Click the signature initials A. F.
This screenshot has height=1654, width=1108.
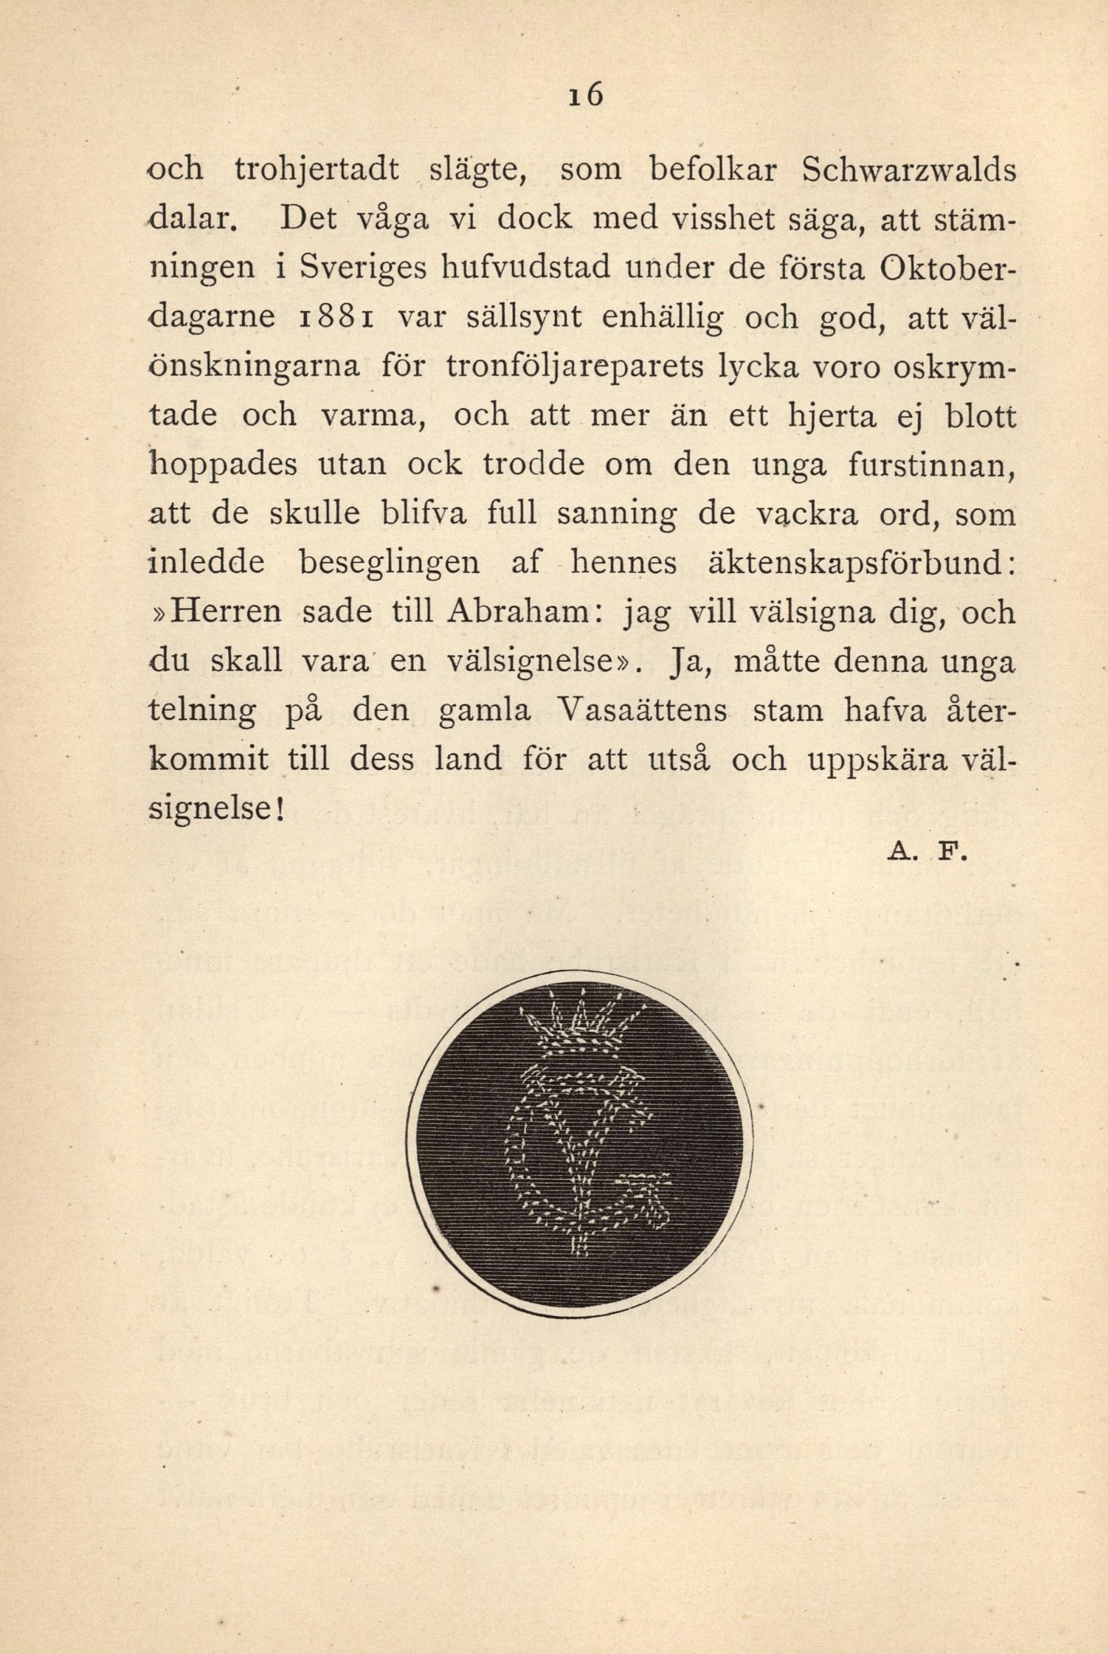pyautogui.click(x=924, y=853)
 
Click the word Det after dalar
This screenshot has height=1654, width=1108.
pyautogui.click(x=310, y=220)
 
